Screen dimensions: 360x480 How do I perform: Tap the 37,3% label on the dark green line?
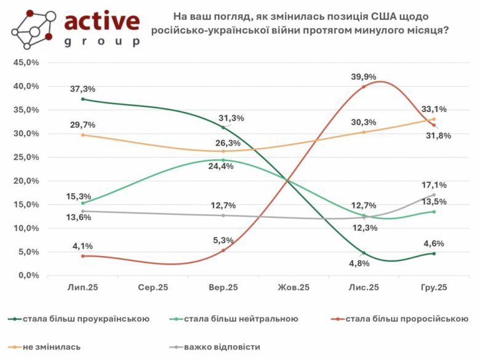(82, 89)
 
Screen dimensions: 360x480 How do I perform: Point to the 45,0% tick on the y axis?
(26, 63)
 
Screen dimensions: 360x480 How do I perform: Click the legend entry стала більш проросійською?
(407, 319)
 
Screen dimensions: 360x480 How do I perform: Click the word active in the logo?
(102, 22)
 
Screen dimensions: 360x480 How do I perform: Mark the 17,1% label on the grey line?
(434, 184)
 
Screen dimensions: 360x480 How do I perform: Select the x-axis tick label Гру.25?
(434, 287)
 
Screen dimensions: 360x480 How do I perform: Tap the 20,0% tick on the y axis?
(26, 181)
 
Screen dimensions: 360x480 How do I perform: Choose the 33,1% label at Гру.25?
(434, 109)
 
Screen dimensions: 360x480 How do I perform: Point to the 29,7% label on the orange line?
(82, 124)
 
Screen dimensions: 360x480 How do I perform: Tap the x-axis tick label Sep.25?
(153, 287)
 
